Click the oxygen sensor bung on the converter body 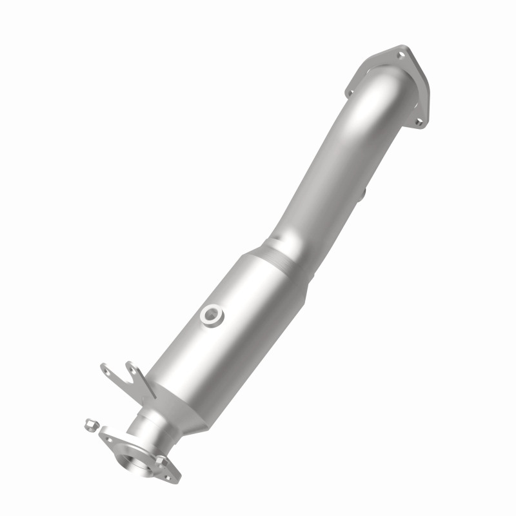211,315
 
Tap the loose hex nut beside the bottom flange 90,425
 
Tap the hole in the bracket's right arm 134,368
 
